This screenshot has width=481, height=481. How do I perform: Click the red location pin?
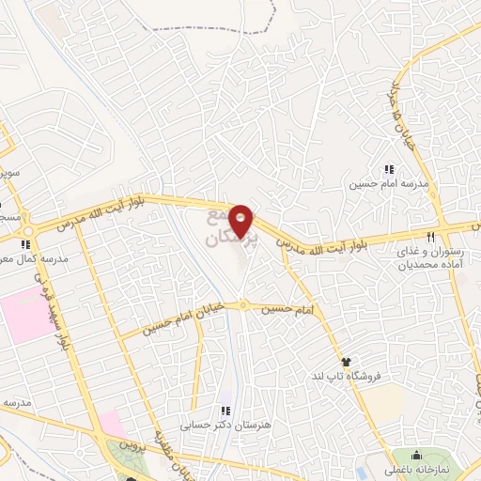[242, 221]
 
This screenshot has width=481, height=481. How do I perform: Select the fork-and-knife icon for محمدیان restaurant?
[430, 237]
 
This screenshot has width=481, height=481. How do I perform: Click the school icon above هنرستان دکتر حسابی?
[225, 410]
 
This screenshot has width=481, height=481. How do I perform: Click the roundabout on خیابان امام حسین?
[242, 304]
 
